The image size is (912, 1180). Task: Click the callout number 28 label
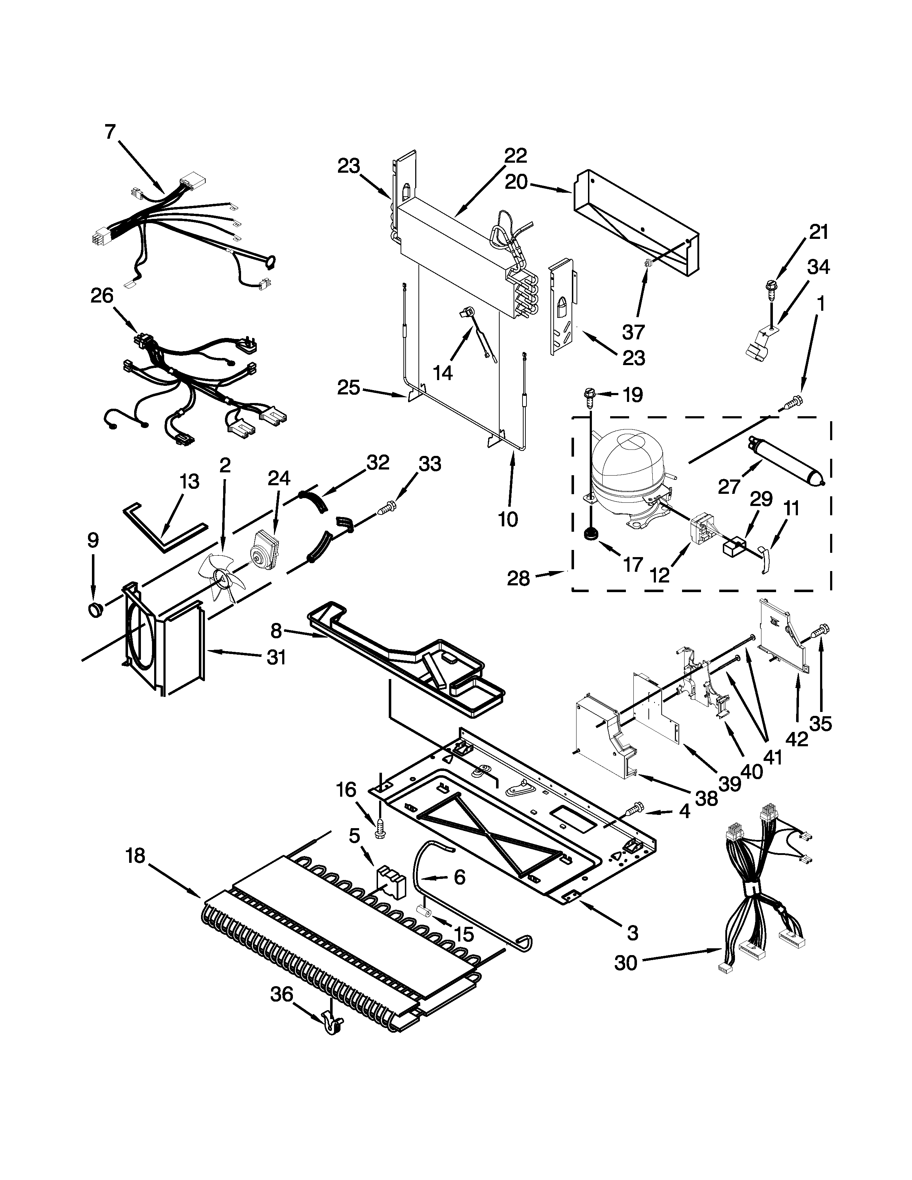(x=518, y=579)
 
